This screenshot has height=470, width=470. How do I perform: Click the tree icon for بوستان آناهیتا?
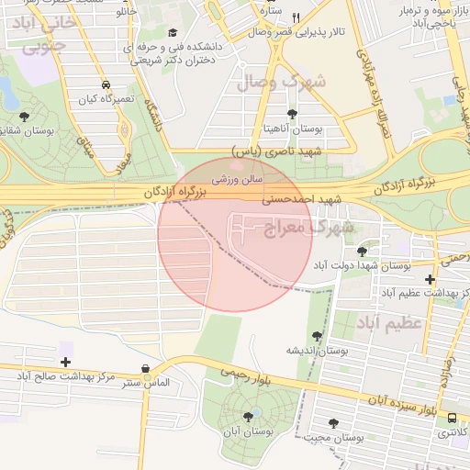[x=292, y=115]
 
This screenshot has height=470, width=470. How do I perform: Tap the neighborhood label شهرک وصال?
[x=281, y=82]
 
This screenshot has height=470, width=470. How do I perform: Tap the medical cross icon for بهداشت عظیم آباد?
[x=431, y=279]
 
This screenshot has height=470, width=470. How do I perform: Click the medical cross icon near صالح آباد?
[x=65, y=362]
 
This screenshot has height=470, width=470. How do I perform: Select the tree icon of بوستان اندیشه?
[x=318, y=336]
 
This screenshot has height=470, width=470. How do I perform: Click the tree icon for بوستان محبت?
[x=333, y=423]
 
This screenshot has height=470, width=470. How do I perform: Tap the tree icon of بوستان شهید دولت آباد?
[x=362, y=250]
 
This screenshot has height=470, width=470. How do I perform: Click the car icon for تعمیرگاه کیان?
[x=106, y=84]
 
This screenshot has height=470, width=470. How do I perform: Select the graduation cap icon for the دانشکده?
[x=172, y=32]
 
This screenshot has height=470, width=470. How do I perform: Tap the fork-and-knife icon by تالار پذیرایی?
[x=296, y=17]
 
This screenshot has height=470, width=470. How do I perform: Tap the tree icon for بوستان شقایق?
[x=24, y=117]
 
